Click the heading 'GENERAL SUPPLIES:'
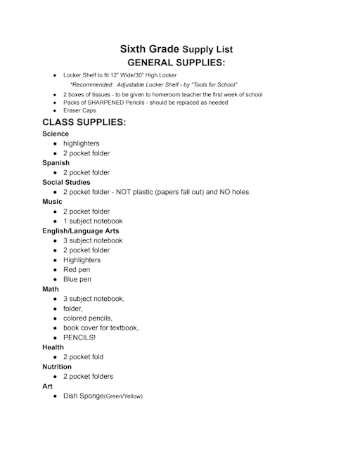(x=176, y=63)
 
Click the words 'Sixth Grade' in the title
(x=149, y=49)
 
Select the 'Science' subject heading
(x=56, y=134)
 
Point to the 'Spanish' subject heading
(x=56, y=163)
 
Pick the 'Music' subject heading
(x=52, y=202)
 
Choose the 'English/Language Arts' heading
(x=80, y=231)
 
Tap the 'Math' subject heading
(x=51, y=289)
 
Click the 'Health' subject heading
(x=53, y=347)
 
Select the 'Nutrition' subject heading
(x=56, y=367)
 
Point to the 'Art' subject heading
(x=47, y=386)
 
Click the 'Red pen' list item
(x=77, y=270)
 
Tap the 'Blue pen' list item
(x=77, y=279)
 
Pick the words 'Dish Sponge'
(x=83, y=396)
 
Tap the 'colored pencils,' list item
(x=88, y=318)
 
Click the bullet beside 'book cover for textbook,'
(x=55, y=328)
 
